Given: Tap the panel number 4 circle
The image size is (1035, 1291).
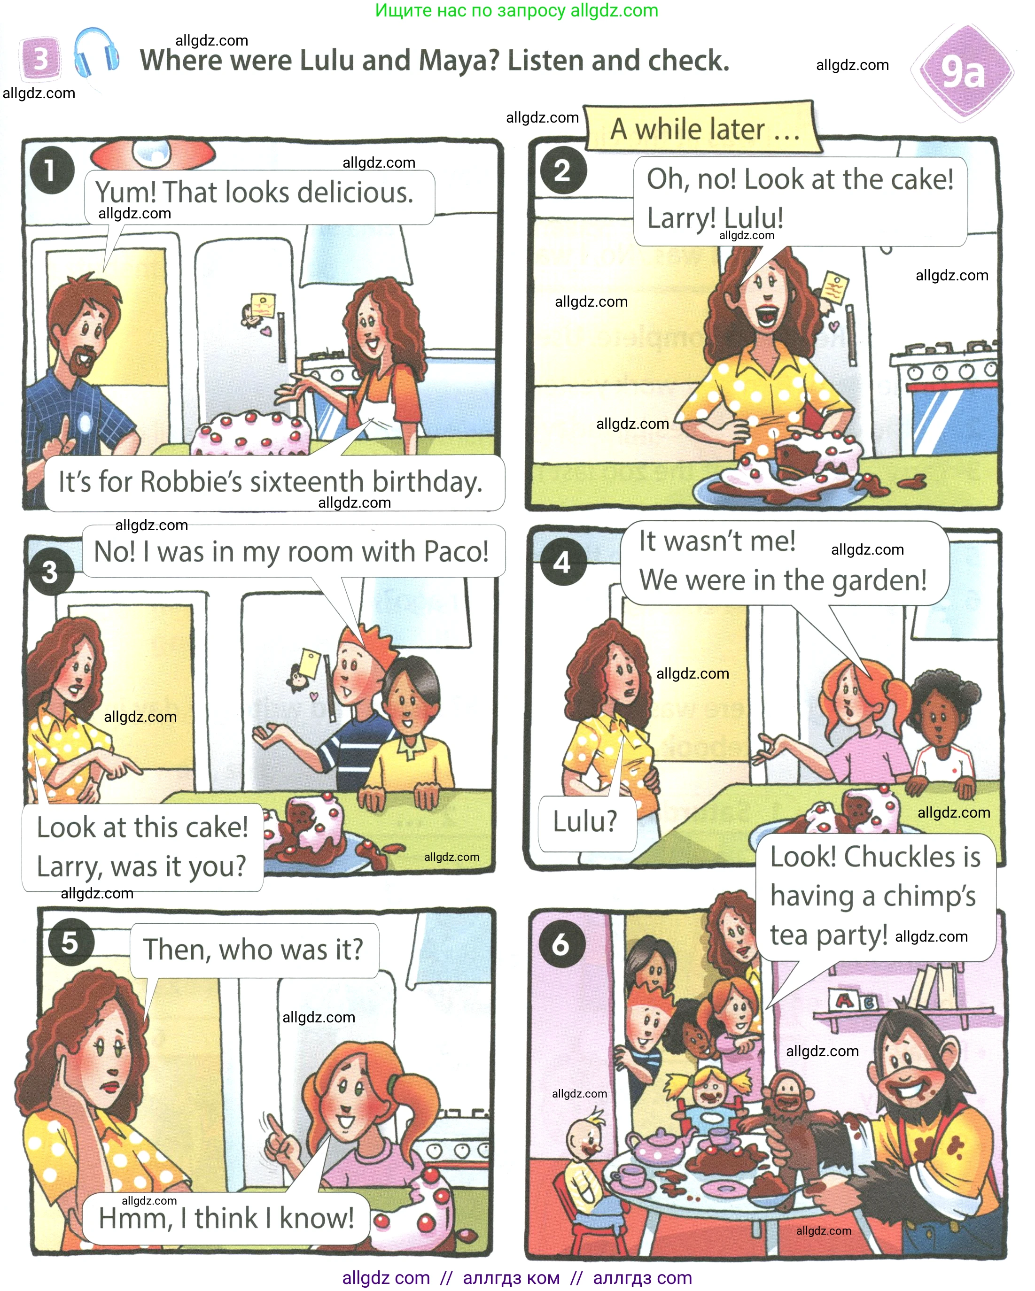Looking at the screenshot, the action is click(563, 562).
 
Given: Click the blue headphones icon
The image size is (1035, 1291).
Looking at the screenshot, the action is click(96, 52).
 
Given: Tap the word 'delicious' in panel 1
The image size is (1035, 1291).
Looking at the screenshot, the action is click(355, 193).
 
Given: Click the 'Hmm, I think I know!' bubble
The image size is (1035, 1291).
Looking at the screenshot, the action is click(226, 1218).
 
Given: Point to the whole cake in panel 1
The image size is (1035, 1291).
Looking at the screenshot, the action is click(250, 433).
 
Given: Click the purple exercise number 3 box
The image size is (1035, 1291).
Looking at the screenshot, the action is click(40, 59).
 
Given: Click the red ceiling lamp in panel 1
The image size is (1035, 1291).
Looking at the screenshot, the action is click(152, 155).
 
